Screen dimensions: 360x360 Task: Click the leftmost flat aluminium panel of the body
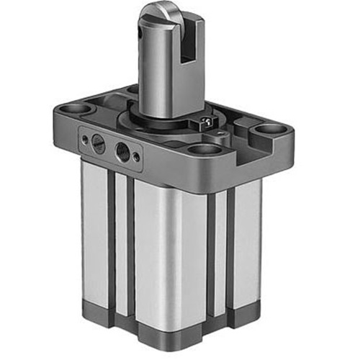pyautogui.click(x=94, y=230)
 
